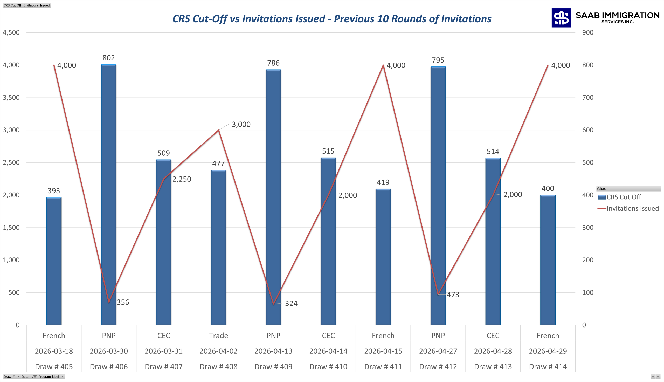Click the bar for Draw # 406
tap(109, 194)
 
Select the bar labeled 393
tap(54, 261)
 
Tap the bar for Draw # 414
tap(548, 260)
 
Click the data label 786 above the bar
tap(273, 63)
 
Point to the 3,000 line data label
tap(241, 124)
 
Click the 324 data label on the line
tap(291, 304)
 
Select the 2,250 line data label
tap(182, 179)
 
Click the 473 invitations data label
tap(453, 295)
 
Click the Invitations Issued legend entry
tap(628, 209)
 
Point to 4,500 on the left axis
tap(11, 32)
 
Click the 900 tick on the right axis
tap(588, 32)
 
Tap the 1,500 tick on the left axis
tap(11, 228)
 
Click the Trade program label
tap(218, 336)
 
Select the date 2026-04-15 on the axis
tap(383, 351)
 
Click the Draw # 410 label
tap(328, 367)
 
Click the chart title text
tap(332, 19)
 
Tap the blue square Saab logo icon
tap(561, 18)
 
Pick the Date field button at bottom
tap(25, 377)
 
